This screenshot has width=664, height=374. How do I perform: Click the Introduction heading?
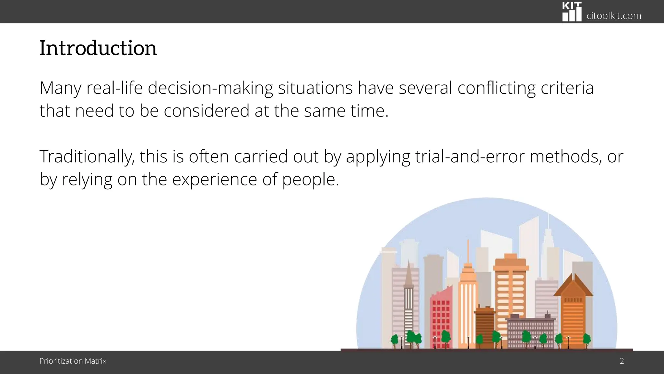tap(98, 48)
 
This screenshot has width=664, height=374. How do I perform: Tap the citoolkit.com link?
tap(613, 16)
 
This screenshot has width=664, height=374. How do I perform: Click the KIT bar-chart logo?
tap(572, 12)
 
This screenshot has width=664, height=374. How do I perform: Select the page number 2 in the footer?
tap(622, 361)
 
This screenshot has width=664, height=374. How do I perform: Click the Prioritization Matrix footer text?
tap(73, 361)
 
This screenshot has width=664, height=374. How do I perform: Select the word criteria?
tap(567, 88)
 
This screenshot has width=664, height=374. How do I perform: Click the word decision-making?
tap(210, 88)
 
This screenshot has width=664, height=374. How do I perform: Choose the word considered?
tap(207, 111)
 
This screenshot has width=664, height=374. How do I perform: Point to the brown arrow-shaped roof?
tap(573, 286)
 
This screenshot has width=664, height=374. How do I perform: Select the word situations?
tap(315, 88)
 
